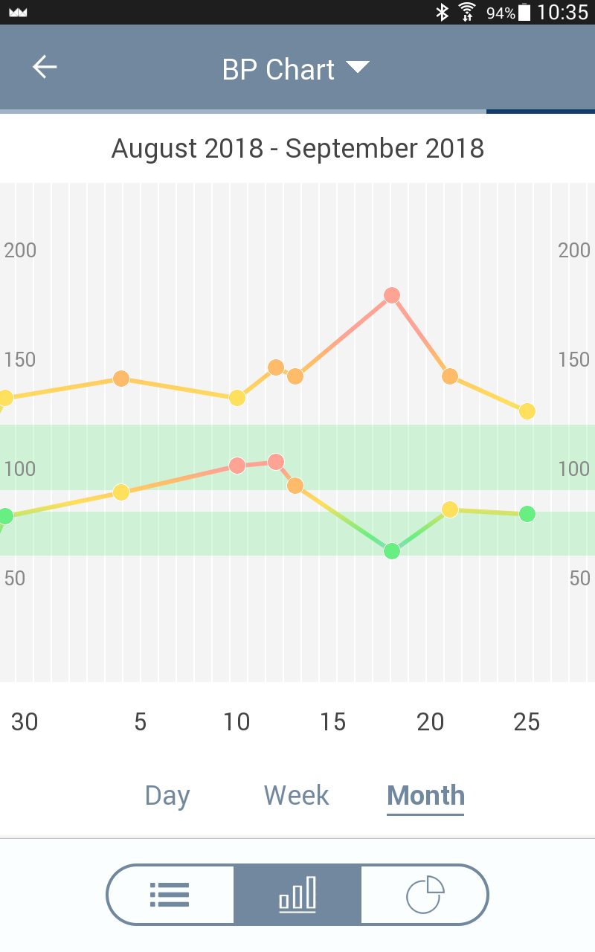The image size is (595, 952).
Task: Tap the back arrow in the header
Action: click(45, 67)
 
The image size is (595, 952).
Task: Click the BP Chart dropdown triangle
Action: click(358, 68)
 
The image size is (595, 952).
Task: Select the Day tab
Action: click(167, 795)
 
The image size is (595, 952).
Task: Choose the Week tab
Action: click(296, 795)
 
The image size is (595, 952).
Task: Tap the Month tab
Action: click(425, 795)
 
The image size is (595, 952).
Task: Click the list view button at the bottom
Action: click(170, 894)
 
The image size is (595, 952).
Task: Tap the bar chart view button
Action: click(297, 894)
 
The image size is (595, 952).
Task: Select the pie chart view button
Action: click(425, 894)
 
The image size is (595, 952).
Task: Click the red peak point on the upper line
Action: click(392, 295)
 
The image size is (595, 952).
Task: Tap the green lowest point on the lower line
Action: click(392, 551)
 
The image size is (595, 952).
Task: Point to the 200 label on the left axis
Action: click(20, 250)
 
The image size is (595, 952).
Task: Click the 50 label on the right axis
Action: click(579, 578)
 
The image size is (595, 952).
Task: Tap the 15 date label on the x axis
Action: click(333, 721)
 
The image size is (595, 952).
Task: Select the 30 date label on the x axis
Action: click(25, 721)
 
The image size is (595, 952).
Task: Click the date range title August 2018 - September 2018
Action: click(297, 148)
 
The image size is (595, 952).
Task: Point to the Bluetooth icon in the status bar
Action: click(442, 12)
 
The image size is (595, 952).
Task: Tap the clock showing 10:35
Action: click(562, 12)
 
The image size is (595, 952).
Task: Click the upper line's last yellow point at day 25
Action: click(527, 411)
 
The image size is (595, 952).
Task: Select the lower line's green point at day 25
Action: click(527, 514)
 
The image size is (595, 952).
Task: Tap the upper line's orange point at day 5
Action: click(121, 379)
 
